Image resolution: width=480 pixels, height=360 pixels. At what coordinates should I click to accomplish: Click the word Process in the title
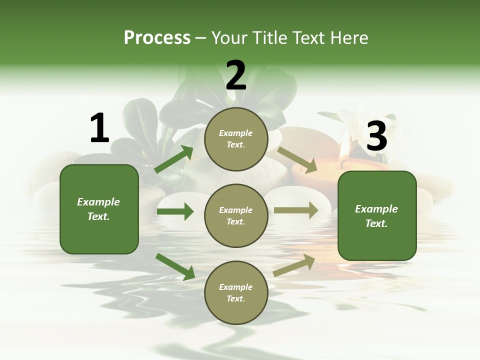(x=157, y=38)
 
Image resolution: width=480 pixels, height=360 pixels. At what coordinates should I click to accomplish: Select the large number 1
(x=99, y=128)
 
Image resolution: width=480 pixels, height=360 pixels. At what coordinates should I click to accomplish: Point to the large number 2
(x=236, y=75)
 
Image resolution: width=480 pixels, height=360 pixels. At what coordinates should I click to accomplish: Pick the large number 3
(x=376, y=136)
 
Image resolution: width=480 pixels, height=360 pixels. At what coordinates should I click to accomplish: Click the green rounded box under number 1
(x=99, y=209)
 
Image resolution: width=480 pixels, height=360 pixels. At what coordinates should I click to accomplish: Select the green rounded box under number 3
(x=377, y=216)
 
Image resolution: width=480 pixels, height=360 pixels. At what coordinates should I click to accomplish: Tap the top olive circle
(x=236, y=139)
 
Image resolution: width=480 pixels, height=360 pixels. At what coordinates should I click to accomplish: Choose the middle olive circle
(x=236, y=216)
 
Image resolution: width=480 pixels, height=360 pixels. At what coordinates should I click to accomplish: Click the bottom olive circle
(x=236, y=293)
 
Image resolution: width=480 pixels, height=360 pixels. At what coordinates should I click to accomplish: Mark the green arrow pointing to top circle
(x=174, y=159)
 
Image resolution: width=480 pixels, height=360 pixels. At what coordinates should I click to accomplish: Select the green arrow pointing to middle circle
(x=175, y=211)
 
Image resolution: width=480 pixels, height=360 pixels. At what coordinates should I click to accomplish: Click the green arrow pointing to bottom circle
(x=175, y=266)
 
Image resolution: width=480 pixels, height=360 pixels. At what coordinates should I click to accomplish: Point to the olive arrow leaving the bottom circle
(x=294, y=265)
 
